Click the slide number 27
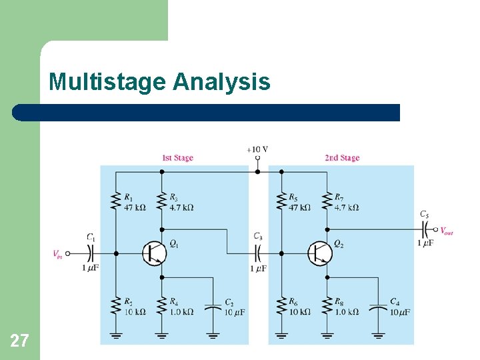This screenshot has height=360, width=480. [19, 341]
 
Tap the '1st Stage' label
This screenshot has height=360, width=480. [177, 158]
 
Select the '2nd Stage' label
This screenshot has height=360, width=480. [342, 158]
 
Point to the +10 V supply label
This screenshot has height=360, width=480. [257, 149]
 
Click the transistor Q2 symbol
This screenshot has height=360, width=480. [320, 253]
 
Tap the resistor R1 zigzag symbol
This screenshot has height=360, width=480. [116, 201]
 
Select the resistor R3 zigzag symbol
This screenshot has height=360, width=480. [161, 201]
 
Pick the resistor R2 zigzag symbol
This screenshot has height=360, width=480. [116, 306]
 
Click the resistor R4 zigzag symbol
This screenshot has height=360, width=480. [161, 306]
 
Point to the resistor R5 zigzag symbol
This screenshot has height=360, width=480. [281, 201]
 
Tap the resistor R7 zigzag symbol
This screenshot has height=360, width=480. [327, 201]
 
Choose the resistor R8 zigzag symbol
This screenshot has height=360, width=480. [327, 306]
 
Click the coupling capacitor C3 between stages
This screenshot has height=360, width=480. [258, 253]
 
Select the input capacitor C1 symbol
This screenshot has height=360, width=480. [91, 253]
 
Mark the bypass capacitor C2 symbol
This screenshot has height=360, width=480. [213, 308]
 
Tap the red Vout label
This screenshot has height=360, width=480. [447, 231]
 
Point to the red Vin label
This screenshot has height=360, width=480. [58, 254]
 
